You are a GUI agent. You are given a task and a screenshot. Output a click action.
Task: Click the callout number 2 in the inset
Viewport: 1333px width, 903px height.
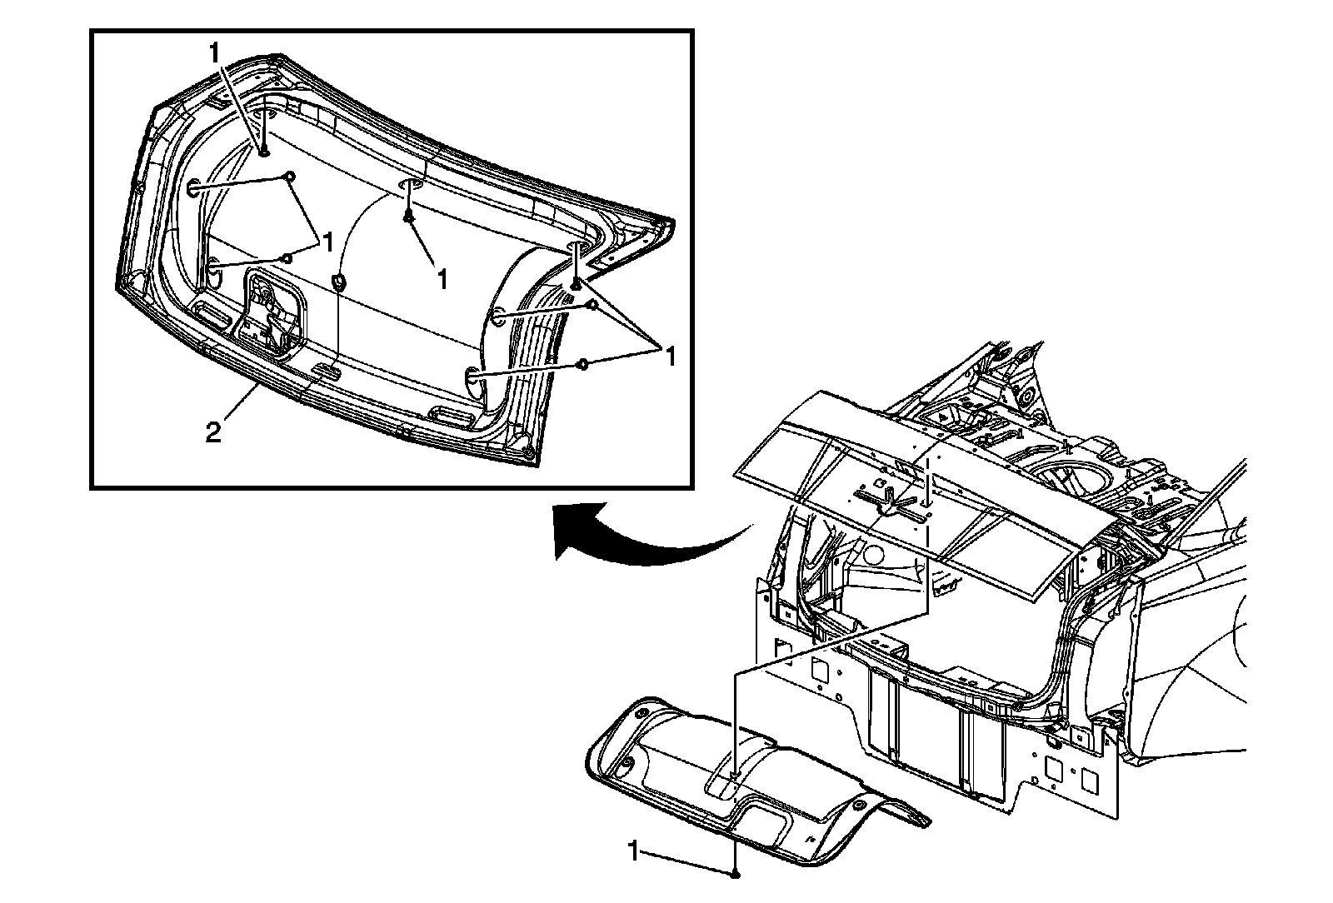[214, 433]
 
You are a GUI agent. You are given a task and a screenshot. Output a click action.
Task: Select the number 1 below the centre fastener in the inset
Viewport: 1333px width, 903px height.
[442, 279]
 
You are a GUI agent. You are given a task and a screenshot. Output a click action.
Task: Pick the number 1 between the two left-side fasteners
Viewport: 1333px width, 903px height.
[327, 242]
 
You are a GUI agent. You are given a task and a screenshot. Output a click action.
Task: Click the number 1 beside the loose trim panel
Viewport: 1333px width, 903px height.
[635, 851]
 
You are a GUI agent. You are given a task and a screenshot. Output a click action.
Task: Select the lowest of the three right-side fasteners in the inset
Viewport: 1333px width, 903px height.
[583, 364]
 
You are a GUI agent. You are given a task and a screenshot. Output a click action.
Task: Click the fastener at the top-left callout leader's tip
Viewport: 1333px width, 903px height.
[263, 151]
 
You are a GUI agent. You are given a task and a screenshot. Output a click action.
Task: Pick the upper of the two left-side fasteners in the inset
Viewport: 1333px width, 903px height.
[291, 176]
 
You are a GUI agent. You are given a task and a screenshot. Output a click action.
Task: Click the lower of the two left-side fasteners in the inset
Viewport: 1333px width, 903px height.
[287, 257]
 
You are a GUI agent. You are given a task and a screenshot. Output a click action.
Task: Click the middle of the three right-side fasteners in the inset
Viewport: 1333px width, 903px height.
[592, 307]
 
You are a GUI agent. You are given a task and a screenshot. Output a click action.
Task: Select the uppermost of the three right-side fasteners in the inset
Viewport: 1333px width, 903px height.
[576, 285]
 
